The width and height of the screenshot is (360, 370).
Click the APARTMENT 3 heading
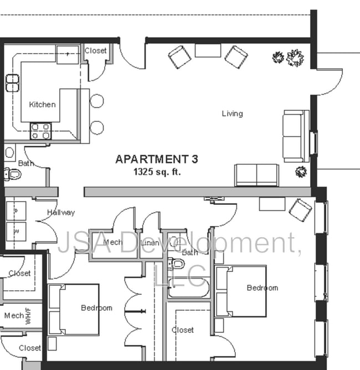(x=156, y=160)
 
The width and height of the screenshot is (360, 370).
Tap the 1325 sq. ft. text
(x=157, y=172)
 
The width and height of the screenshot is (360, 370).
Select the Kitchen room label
(x=43, y=104)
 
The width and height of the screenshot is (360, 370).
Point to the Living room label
(x=232, y=114)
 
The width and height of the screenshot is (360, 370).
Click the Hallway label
(x=61, y=212)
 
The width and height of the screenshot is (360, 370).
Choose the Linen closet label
(x=150, y=243)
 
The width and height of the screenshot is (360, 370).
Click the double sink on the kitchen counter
(x=12, y=83)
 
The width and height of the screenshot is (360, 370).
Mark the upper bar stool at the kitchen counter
(x=97, y=101)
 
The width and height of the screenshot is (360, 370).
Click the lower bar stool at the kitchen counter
(x=97, y=127)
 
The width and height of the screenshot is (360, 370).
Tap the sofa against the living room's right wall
(x=295, y=136)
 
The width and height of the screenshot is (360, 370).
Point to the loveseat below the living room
(x=256, y=175)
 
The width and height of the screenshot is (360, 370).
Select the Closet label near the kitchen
(x=96, y=51)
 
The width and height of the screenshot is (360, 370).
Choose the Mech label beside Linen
(x=112, y=242)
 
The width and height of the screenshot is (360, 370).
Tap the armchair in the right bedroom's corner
(x=301, y=209)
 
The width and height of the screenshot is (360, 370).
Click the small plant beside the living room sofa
(x=302, y=171)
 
